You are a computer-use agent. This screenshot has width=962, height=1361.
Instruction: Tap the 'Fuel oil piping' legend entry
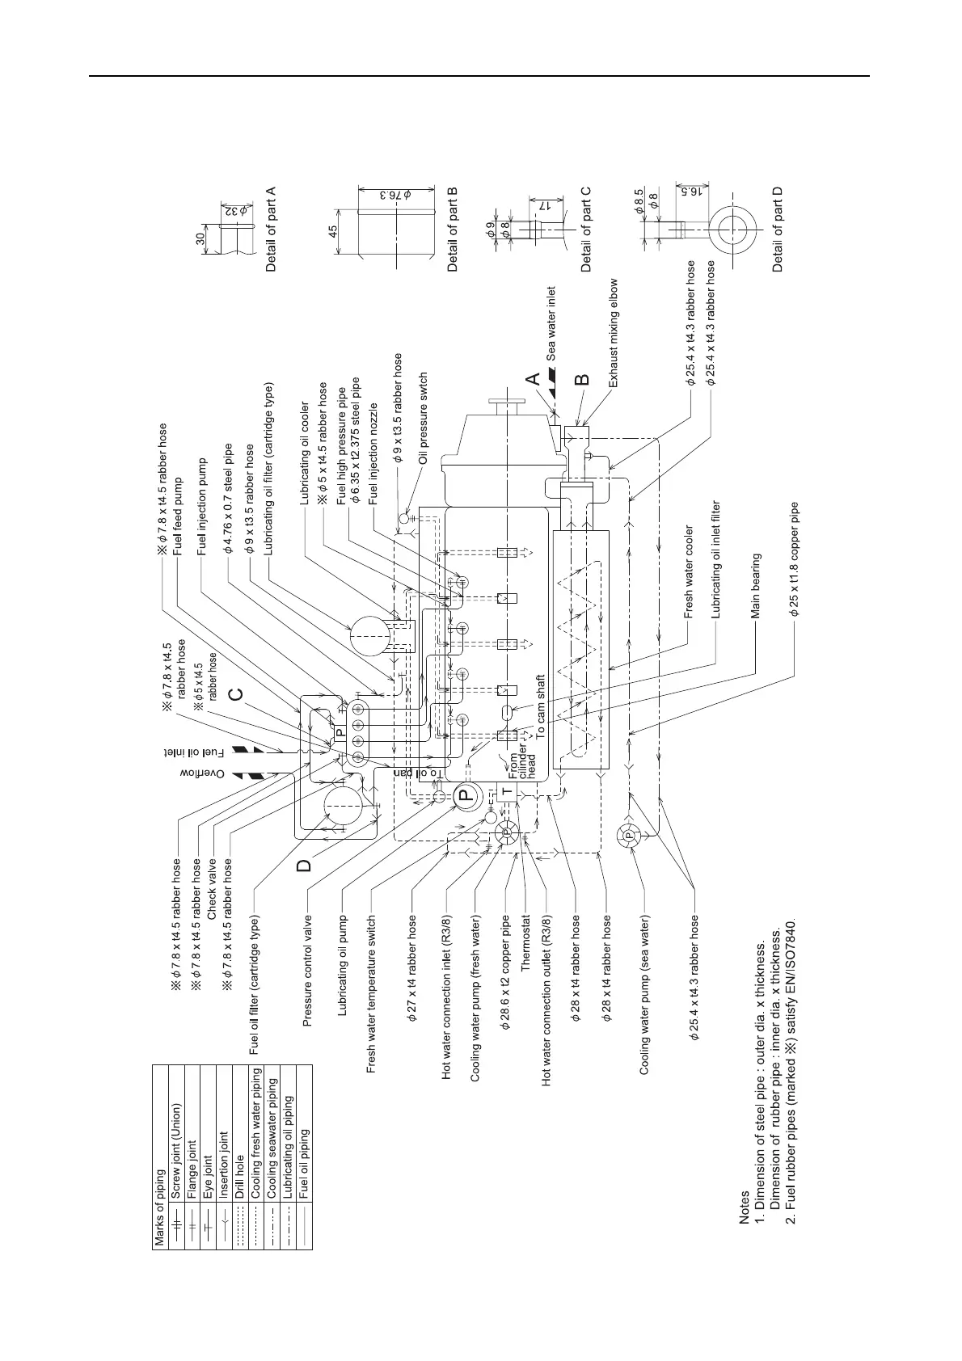pyautogui.click(x=304, y=1162)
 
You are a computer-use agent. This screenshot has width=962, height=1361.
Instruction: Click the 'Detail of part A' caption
pyautogui.click(x=271, y=229)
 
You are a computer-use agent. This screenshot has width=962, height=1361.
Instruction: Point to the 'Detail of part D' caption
pyautogui.click(x=778, y=229)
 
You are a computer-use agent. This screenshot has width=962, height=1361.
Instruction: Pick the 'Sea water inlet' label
pyautogui.click(x=551, y=323)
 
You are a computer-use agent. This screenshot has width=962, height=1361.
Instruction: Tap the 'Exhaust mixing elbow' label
pyautogui.click(x=613, y=334)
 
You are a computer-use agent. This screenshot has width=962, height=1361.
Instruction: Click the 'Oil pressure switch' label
pyautogui.click(x=422, y=417)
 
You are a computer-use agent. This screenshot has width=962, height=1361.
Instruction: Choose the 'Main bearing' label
pyautogui.click(x=756, y=586)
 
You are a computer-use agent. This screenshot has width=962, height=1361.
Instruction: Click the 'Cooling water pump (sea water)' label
pyautogui.click(x=644, y=994)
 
